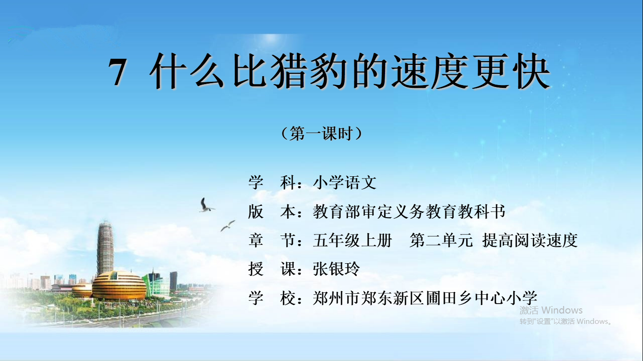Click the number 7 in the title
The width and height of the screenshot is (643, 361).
point(117,72)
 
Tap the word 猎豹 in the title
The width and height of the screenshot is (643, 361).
point(309,71)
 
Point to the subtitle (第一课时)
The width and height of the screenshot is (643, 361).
point(322,133)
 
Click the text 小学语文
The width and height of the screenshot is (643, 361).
point(345,182)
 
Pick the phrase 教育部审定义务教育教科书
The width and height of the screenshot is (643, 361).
point(409,212)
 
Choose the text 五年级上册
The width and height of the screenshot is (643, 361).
point(352,240)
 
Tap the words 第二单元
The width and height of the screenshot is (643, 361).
point(441,240)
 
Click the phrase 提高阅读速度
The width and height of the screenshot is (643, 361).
point(530,240)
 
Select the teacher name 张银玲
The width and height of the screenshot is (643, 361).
point(336,269)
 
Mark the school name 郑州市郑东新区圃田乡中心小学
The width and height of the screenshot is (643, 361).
point(425,298)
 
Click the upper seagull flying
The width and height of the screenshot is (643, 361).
point(206,205)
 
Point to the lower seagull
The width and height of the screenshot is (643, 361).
point(228,226)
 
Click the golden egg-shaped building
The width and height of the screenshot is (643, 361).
point(119,286)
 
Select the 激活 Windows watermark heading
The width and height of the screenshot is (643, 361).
point(551,310)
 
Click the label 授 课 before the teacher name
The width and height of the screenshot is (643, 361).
point(275,269)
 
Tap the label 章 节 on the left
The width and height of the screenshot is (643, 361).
point(275,240)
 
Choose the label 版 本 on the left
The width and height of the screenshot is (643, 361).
point(275,212)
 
